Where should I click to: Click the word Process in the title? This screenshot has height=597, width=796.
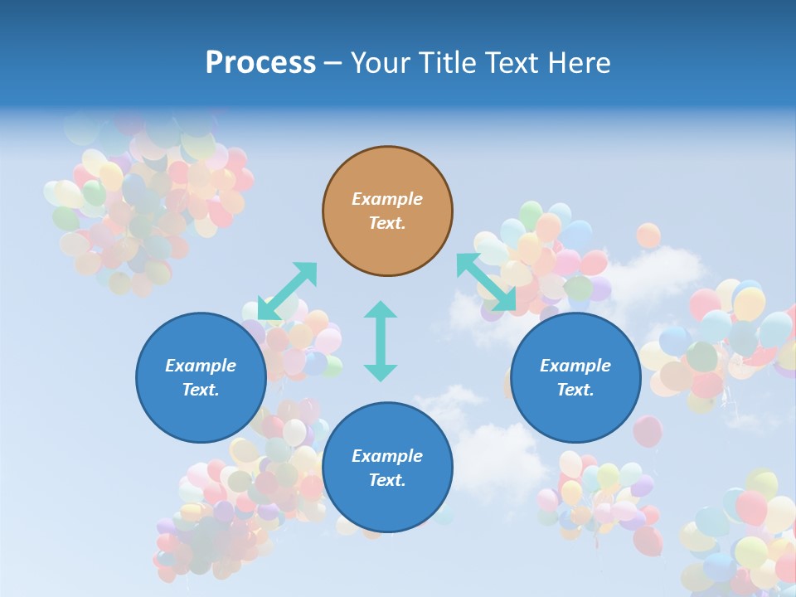coord(260,63)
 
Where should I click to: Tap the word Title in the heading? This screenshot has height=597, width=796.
coord(449,63)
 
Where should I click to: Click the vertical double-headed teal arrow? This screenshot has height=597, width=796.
coord(381,341)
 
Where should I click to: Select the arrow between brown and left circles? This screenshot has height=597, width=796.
coord(287,290)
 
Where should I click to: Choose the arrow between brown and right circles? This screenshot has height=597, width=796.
coord(486,282)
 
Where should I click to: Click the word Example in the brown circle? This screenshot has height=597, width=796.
coord(387,199)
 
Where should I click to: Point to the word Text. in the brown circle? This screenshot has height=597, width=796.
coord(387,223)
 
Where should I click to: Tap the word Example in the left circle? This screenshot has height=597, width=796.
coord(201,366)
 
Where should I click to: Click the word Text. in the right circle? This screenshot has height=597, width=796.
coord(575,390)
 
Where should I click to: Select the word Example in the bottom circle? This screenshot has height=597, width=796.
coord(387,456)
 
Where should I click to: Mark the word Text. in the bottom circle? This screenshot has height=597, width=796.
coord(387,480)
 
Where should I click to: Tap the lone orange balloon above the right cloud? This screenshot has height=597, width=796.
coord(648,235)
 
